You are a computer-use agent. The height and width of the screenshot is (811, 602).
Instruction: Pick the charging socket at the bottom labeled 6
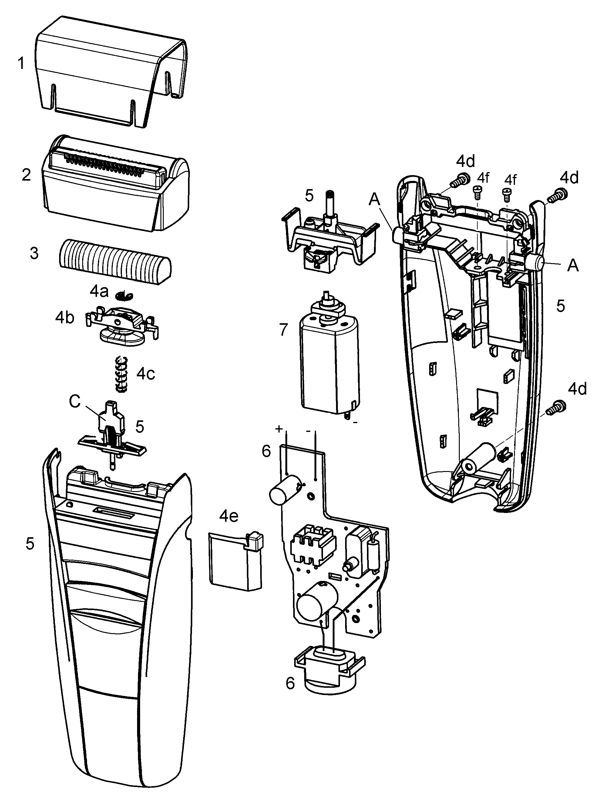329,671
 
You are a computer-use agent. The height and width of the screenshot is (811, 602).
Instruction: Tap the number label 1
21,63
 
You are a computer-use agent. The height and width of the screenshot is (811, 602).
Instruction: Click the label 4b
65,317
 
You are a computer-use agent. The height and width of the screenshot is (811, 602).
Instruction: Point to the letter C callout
75,402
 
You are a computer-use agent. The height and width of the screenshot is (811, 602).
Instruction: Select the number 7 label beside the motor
284,330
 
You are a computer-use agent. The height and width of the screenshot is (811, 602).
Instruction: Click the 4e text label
229,516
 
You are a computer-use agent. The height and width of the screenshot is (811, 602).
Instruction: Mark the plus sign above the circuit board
279,429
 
